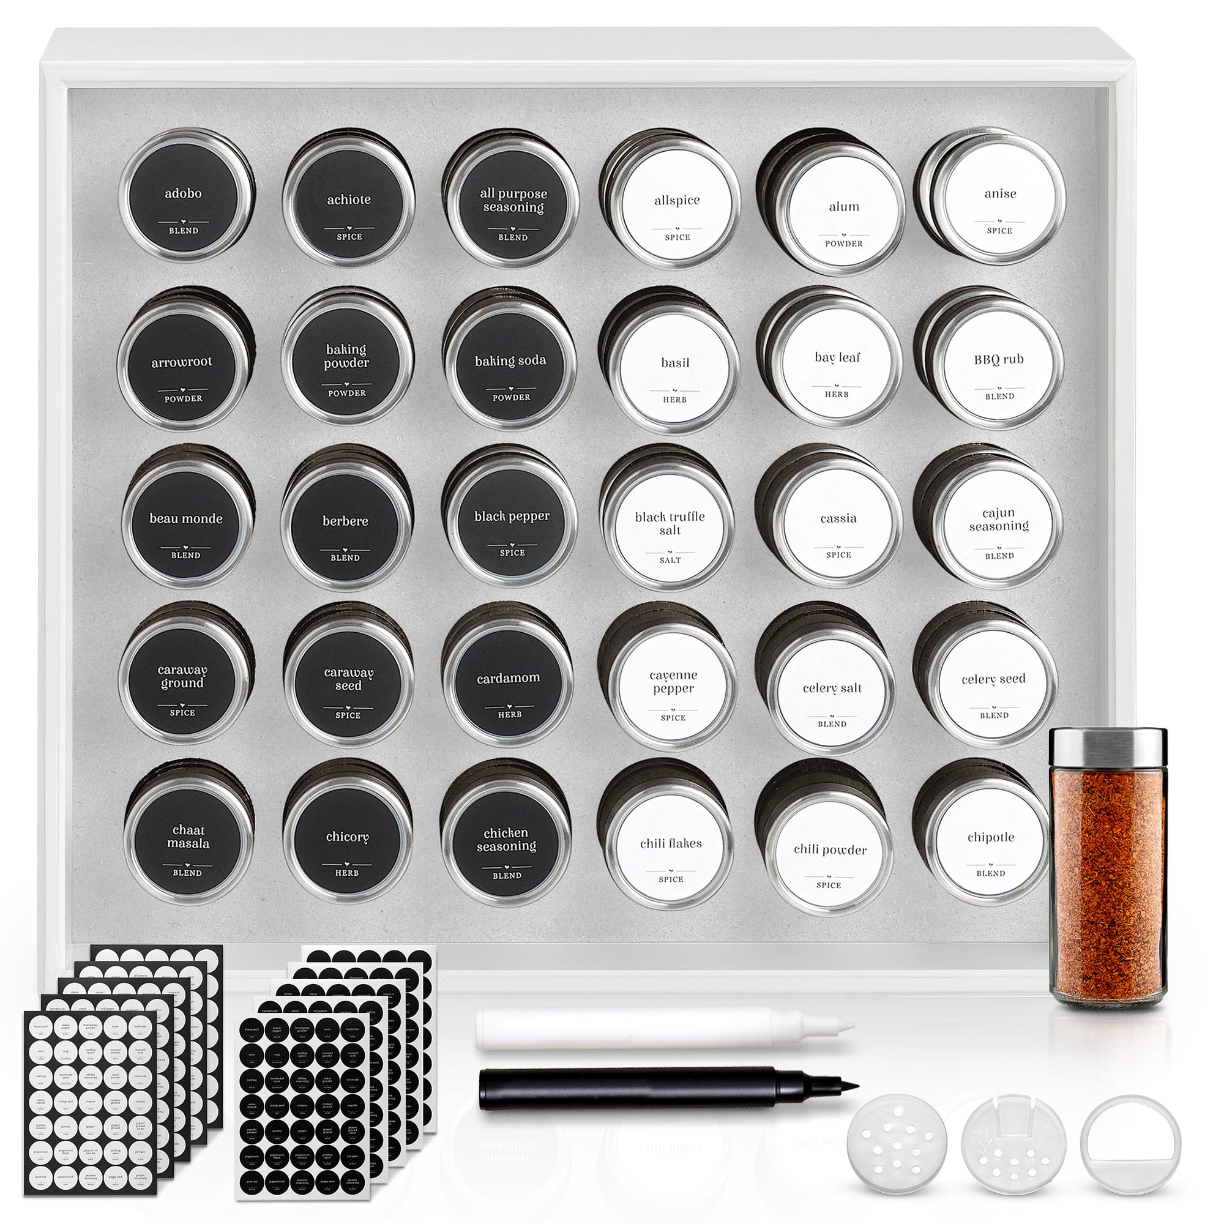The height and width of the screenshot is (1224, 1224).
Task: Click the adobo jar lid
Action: click(184, 200)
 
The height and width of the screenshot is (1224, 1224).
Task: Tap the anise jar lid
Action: click(999, 200)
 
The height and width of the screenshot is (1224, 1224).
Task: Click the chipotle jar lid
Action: click(990, 843)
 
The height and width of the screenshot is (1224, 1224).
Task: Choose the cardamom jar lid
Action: click(507, 684)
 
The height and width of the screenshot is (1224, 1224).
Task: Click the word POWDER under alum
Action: click(843, 244)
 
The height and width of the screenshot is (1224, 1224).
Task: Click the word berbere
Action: click(345, 521)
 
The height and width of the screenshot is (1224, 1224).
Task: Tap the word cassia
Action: click(838, 518)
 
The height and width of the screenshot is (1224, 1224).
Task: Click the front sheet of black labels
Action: click(301, 1115)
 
